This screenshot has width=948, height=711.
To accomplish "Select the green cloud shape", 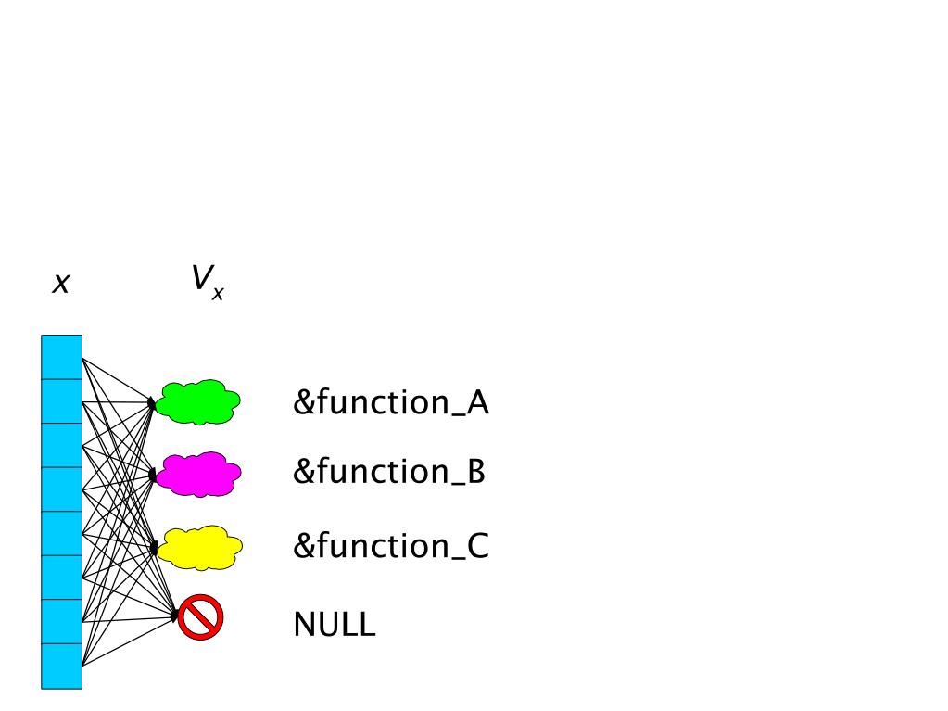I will [198, 401].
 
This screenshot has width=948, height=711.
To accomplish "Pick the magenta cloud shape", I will [198, 475].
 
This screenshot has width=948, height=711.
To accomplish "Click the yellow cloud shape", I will [199, 548].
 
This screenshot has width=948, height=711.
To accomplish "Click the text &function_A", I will [391, 403].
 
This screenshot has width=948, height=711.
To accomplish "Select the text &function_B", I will [389, 472].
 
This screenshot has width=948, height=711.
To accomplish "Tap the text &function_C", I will [390, 546].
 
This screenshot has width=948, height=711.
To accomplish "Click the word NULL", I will [335, 624].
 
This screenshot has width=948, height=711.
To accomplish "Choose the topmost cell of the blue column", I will [62, 357].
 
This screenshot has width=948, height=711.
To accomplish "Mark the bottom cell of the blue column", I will [62, 666].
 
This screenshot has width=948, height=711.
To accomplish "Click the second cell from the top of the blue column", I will [62, 401].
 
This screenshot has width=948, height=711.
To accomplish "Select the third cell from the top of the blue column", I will [62, 445].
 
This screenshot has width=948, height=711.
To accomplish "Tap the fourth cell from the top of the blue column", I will [62, 489].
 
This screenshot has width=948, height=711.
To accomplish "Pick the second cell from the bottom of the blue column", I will [62, 621].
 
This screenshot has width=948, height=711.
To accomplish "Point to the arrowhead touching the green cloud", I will [152, 403].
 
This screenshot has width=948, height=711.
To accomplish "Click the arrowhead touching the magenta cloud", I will [152, 475].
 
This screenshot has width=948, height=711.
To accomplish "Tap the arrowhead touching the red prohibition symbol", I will [174, 615].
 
